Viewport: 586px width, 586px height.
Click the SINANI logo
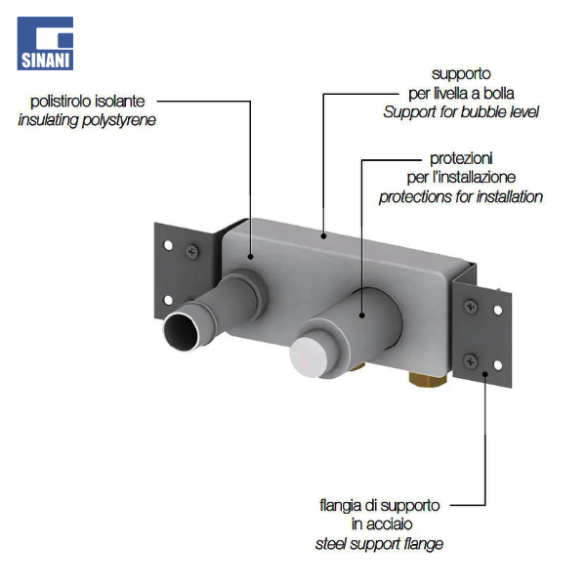(45, 43)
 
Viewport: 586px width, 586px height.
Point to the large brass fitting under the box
(428, 379)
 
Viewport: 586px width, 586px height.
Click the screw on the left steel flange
(192, 252)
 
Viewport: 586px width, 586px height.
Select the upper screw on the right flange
(471, 307)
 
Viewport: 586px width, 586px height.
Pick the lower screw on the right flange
(471, 361)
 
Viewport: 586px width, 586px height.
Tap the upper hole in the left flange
(169, 245)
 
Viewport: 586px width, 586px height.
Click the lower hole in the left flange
(169, 300)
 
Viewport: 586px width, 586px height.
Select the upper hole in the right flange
(498, 310)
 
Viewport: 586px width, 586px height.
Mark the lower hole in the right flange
(498, 364)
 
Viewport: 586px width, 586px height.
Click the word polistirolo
(61, 102)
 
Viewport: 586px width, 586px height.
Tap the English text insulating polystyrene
(87, 120)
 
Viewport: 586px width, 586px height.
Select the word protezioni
(461, 159)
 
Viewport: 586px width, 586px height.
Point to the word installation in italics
(505, 196)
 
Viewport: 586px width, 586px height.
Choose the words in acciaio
(382, 523)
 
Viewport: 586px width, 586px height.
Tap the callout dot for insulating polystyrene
(250, 256)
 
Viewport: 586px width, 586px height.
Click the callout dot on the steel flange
(485, 373)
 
